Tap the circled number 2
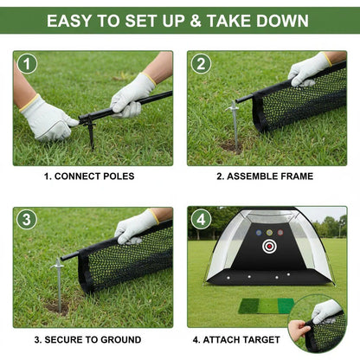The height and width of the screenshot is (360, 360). click(x=201, y=63)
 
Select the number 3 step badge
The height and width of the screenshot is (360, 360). click(x=26, y=220)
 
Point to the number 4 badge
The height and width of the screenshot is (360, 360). click(x=201, y=220)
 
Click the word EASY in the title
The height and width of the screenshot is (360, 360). click(x=74, y=20)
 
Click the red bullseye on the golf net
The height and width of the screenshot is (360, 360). click(x=268, y=246)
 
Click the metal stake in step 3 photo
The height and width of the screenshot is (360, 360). click(x=59, y=279)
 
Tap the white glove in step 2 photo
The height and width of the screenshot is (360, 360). click(x=309, y=69)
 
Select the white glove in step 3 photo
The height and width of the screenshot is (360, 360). click(x=136, y=227)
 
